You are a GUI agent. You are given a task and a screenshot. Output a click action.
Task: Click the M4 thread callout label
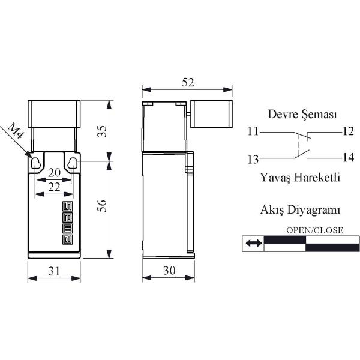pyautogui.click(x=16, y=131)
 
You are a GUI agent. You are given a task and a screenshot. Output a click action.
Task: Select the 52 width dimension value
pyautogui.click(x=188, y=83)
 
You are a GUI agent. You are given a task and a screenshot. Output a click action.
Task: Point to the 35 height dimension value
pyautogui.click(x=102, y=131)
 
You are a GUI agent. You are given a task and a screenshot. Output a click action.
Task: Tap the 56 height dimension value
pyautogui.click(x=102, y=205)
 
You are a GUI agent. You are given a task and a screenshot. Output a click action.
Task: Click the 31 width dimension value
pyautogui.click(x=54, y=271)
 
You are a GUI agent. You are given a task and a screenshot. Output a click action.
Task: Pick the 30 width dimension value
pyautogui.click(x=169, y=271)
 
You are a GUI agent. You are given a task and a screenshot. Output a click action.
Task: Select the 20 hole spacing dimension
pyautogui.click(x=54, y=173)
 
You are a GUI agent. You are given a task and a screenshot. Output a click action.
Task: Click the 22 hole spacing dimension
pyautogui.click(x=54, y=187)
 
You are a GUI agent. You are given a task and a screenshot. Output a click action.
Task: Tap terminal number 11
pyautogui.click(x=253, y=131)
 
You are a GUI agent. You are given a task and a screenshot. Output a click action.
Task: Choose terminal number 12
pyautogui.click(x=348, y=131)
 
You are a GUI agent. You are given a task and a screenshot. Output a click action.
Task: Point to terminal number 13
pyautogui.click(x=253, y=159)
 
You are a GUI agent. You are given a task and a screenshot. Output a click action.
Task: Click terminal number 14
pyautogui.click(x=348, y=158)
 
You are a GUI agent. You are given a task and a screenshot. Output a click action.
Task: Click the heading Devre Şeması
pyautogui.click(x=302, y=114)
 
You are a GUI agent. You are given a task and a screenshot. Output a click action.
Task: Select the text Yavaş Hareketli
pyautogui.click(x=300, y=177)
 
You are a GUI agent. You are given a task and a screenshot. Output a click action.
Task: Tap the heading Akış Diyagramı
pyautogui.click(x=300, y=209)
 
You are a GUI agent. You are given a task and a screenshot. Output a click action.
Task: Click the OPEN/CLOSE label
pyautogui.click(x=315, y=230)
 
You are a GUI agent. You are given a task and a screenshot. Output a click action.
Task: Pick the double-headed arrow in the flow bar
pyautogui.click(x=253, y=243)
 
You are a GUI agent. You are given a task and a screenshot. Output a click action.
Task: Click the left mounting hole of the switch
pyautogui.click(x=35, y=163)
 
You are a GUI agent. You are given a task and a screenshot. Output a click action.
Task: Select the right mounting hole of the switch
pyautogui.click(x=73, y=163)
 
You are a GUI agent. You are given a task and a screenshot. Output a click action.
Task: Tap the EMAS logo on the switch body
pyautogui.click(x=68, y=223)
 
